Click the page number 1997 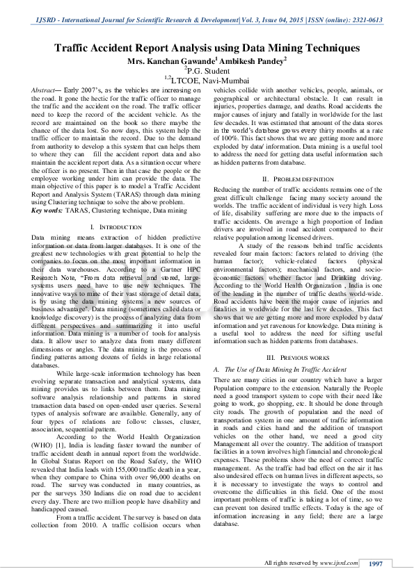coord(376,563)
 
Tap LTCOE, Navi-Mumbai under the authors coord(208,80)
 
